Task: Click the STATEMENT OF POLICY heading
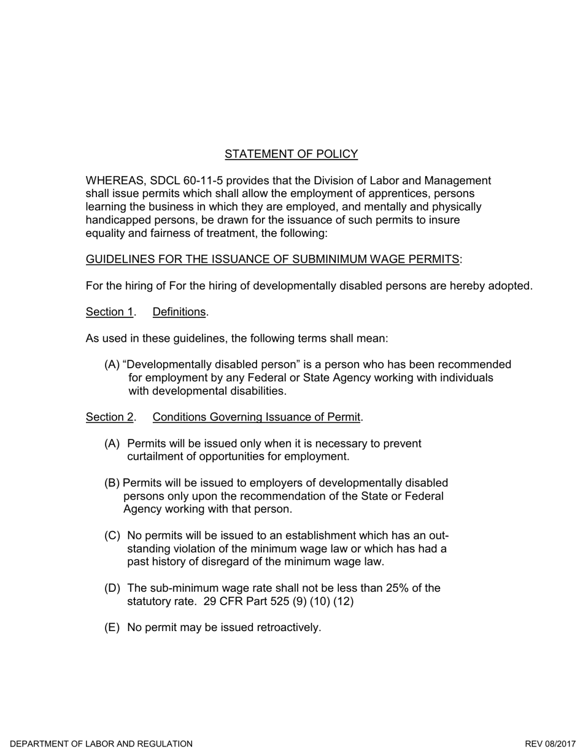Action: pos(291,154)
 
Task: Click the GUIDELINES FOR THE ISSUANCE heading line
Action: pos(272,259)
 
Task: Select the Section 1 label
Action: pos(109,312)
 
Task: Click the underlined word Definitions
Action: pos(179,312)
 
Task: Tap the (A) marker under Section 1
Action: pos(112,365)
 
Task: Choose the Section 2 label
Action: pos(109,417)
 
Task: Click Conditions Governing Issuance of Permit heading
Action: pos(256,417)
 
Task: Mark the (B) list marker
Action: pos(112,483)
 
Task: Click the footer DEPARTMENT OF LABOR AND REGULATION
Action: pos(101,744)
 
